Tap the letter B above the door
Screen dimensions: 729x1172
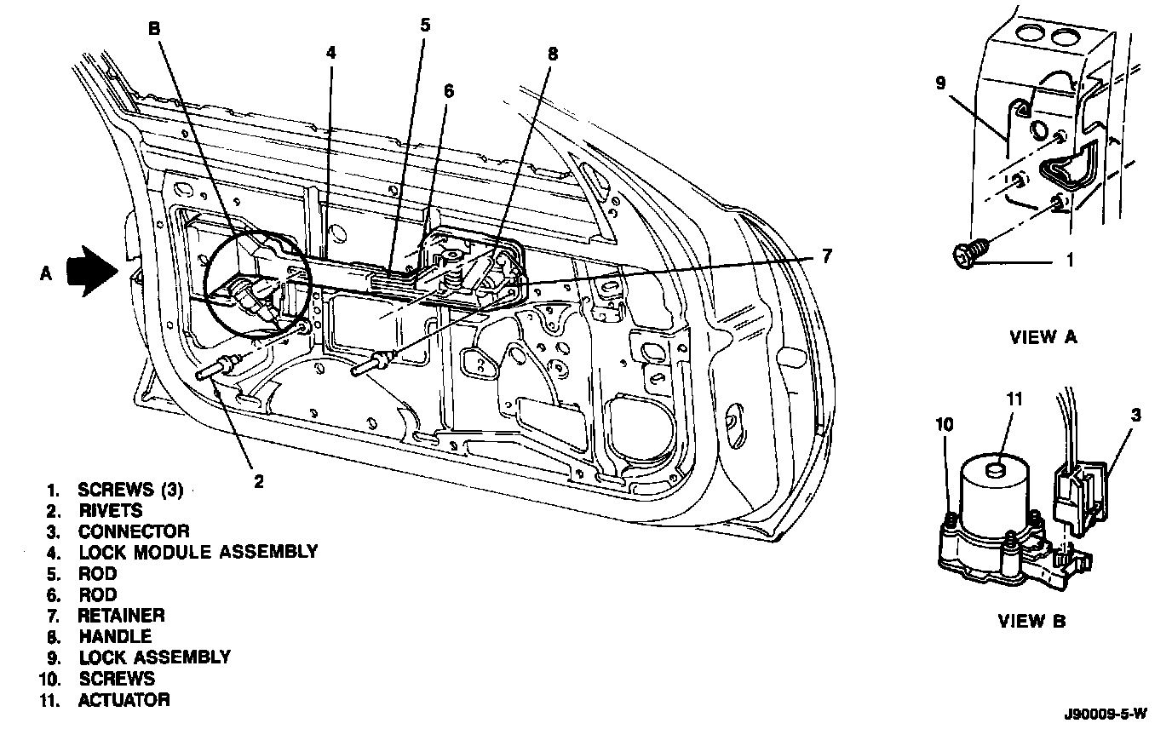[154, 28]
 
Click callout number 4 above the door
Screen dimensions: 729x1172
[330, 52]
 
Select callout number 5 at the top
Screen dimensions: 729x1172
[425, 25]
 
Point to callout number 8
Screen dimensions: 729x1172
[553, 54]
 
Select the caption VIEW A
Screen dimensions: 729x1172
[1043, 336]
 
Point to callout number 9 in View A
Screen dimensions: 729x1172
[941, 83]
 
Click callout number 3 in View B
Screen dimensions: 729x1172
[1136, 415]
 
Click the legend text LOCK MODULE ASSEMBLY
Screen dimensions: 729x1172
[198, 552]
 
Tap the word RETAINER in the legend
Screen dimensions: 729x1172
[121, 615]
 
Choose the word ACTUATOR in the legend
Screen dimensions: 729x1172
[124, 700]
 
